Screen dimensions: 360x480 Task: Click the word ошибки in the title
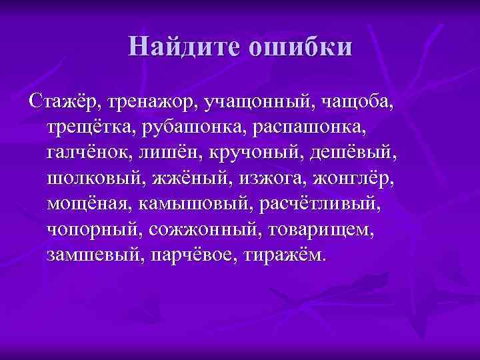[299, 47]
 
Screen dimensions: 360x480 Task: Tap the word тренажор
[152, 103]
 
